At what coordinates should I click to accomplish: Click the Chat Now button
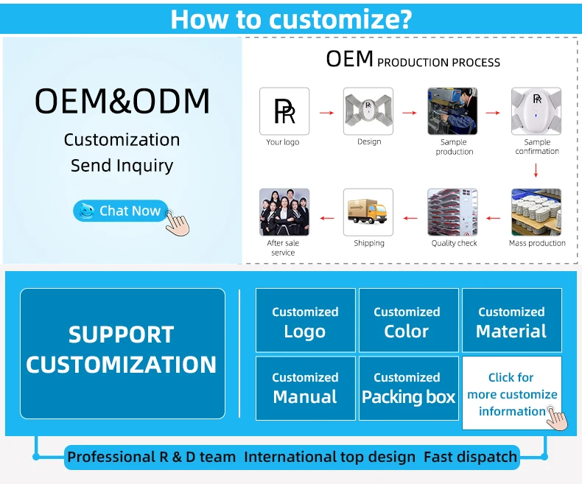pos(121,211)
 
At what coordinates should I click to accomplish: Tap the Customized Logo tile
pos(305,320)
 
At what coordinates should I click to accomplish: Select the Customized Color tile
pos(407,320)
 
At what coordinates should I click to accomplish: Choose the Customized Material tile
pos(511,320)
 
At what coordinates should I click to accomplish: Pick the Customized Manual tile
pos(305,388)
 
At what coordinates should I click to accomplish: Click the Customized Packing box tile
pos(408,388)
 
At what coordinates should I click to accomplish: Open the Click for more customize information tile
pos(511,393)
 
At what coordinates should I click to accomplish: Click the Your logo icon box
pos(284,111)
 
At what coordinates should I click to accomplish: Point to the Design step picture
pos(368,111)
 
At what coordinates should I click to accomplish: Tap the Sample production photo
pos(453,111)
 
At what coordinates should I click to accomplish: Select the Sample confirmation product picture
pos(537,111)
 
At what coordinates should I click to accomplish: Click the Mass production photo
pos(537,212)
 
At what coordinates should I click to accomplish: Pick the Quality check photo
pos(453,212)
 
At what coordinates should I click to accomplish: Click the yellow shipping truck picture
pos(368,212)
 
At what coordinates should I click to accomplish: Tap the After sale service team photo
pos(284,212)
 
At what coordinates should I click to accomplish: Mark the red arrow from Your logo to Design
pos(326,113)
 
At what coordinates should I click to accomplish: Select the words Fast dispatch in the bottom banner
pos(470,457)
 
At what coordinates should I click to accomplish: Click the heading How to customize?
pos(290,18)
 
